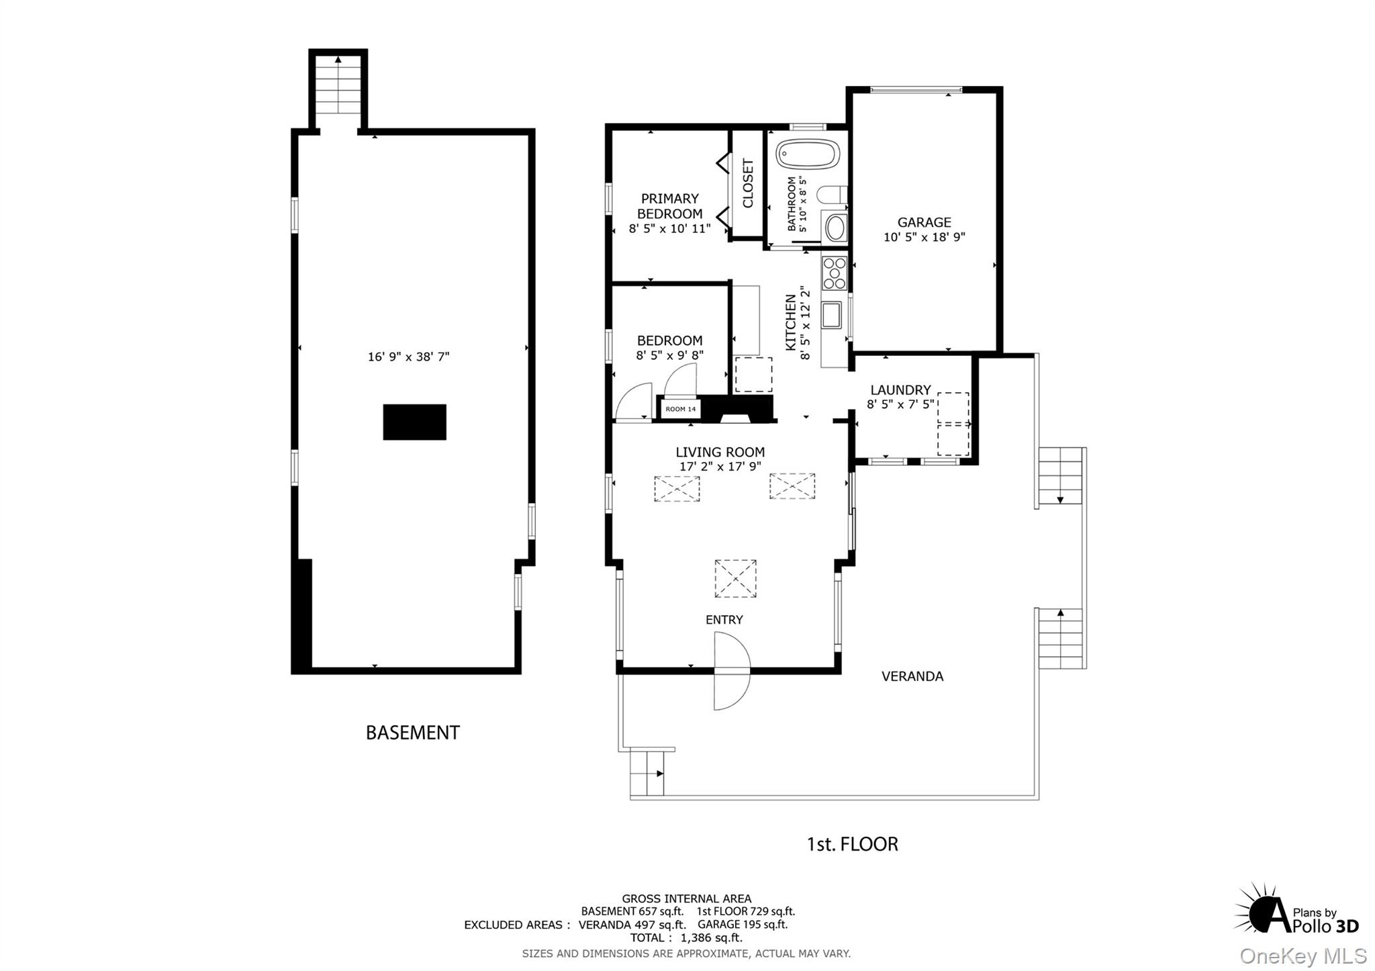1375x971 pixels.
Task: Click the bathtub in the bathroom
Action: coord(808,154)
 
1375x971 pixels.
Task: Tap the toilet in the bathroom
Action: coord(831,195)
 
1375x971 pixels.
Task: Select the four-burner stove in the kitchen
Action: coord(835,273)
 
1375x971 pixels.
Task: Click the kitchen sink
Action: coord(831,314)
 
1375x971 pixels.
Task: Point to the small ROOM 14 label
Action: coord(681,409)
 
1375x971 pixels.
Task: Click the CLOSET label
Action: coord(748,183)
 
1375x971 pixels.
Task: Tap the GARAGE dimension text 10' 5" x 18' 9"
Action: coord(924,237)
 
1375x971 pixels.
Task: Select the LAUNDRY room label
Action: coord(900,390)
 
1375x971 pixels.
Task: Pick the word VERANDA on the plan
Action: coord(912,677)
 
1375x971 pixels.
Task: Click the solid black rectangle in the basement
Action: coord(414,422)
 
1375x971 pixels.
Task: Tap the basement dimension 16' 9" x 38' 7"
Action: coord(408,357)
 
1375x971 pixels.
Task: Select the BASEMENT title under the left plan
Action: coord(412,733)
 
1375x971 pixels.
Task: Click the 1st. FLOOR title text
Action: coord(852,844)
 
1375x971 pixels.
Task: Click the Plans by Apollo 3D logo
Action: coord(1296,910)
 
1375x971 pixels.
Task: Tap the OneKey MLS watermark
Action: coord(1302,956)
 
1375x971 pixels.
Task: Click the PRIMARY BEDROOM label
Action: coord(669,206)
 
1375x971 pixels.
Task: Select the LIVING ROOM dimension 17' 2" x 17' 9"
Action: coord(720,467)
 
